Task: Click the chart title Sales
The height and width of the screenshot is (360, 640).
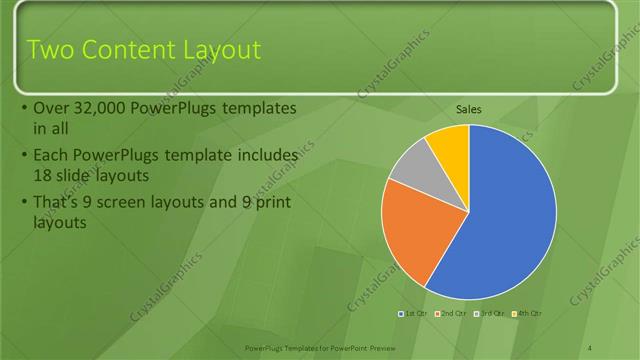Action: (469, 109)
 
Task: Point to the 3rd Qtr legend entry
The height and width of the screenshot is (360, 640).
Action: (491, 314)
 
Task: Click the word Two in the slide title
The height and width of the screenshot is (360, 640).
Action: (50, 50)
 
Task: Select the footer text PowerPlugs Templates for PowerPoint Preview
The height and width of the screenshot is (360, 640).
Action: (319, 347)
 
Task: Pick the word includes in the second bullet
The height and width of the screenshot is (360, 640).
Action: (270, 156)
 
